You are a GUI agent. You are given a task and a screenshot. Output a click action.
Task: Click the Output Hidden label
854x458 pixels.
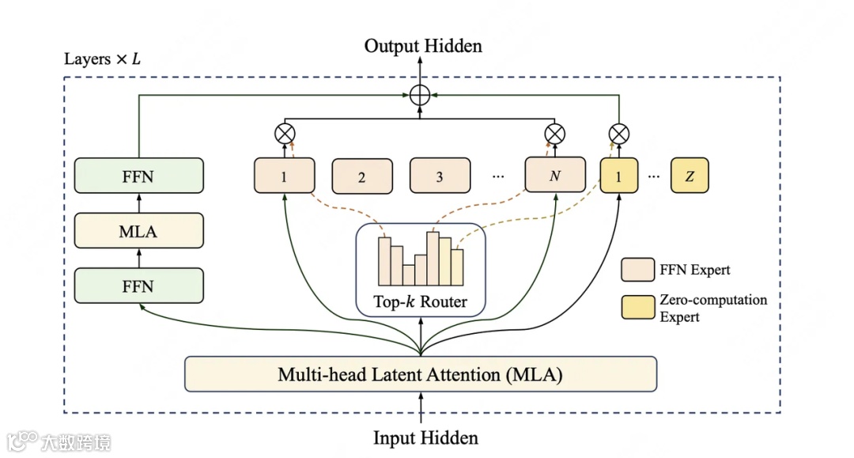pos(423,46)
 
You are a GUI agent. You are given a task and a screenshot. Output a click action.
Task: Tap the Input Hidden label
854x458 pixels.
pos(425,437)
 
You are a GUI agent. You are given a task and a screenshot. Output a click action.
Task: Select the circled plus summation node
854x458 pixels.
pos(420,95)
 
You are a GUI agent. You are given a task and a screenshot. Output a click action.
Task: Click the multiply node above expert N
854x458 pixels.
pos(555,134)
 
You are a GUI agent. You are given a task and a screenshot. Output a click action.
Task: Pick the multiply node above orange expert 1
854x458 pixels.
pos(284,134)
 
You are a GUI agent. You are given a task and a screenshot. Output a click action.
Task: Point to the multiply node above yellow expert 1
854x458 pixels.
pos(619,134)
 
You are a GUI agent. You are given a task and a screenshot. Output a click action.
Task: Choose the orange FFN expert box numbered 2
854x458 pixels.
pos(361,176)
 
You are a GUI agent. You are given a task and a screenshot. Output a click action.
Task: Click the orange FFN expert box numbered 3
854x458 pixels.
pos(440,176)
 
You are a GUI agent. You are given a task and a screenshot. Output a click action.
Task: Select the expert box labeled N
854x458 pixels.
pos(555,176)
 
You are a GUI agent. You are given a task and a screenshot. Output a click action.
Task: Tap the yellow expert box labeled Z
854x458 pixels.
pos(690,176)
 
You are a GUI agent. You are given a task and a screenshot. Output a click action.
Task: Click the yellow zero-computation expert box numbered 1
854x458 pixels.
pos(619,176)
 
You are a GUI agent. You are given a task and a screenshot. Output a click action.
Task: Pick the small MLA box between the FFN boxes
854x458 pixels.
pos(138,232)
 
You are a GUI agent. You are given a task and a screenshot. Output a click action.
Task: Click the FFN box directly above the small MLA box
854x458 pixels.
pos(138,176)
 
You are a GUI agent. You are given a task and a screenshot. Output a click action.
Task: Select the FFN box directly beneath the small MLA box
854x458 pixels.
pos(138,286)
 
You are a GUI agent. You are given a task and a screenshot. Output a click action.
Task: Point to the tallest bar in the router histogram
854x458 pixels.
pos(433,258)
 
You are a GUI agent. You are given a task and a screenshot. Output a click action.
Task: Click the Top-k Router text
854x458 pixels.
pos(421,301)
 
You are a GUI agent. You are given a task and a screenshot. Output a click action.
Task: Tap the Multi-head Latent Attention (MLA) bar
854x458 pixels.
pos(420,373)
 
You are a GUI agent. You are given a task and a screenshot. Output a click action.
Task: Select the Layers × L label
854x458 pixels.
pos(102,59)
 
